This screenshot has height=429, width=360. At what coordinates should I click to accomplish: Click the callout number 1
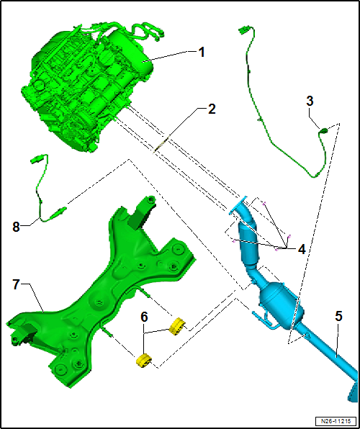pyautogui.click(x=202, y=53)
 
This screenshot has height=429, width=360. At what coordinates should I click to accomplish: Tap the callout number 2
pyautogui.click(x=212, y=109)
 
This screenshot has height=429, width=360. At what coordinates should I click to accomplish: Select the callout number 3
pyautogui.click(x=310, y=101)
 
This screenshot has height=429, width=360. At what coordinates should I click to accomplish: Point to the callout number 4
pyautogui.click(x=302, y=250)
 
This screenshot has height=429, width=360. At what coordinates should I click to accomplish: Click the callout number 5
pyautogui.click(x=338, y=317)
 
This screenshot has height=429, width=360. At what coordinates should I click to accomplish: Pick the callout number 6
pyautogui.click(x=144, y=317)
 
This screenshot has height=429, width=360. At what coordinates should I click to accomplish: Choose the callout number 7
pyautogui.click(x=16, y=285)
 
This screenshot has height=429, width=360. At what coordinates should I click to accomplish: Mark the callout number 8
pyautogui.click(x=16, y=227)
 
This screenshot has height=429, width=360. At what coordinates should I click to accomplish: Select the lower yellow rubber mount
pyautogui.click(x=144, y=361)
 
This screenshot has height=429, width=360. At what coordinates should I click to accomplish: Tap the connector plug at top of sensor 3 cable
pyautogui.click(x=243, y=30)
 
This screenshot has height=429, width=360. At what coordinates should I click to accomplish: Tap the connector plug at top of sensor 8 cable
pyautogui.click(x=36, y=160)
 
